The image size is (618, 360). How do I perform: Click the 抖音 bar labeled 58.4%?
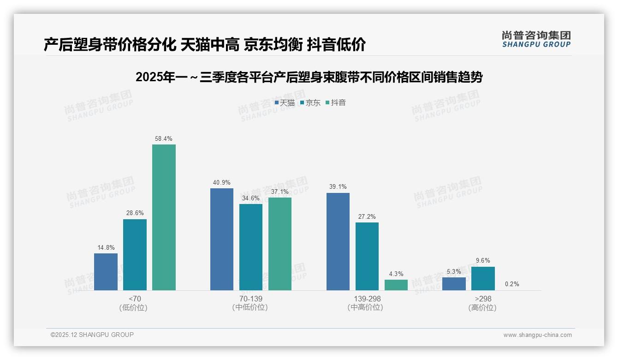click(164, 217)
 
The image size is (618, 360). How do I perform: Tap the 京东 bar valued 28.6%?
click(135, 254)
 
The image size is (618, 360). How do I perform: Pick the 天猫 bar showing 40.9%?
click(222, 239)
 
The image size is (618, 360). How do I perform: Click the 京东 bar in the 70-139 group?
click(251, 247)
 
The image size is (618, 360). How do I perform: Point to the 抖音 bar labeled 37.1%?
click(280, 244)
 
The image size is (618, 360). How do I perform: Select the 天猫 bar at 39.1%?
click(338, 241)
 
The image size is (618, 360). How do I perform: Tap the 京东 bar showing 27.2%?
click(367, 256)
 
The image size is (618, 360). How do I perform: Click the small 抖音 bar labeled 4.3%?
click(396, 285)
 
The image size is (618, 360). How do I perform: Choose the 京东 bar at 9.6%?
click(483, 278)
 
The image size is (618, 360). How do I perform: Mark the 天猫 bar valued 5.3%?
click(454, 283)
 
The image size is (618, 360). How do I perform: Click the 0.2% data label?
click(512, 284)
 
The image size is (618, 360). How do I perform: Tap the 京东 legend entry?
click(310, 103)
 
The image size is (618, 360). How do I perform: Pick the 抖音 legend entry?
click(336, 103)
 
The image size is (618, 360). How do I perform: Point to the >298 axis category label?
click(482, 299)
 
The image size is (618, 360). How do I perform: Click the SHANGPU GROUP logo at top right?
click(536, 39)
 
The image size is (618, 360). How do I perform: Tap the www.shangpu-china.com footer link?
click(537, 335)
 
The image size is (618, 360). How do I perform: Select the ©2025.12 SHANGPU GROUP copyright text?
click(92, 335)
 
